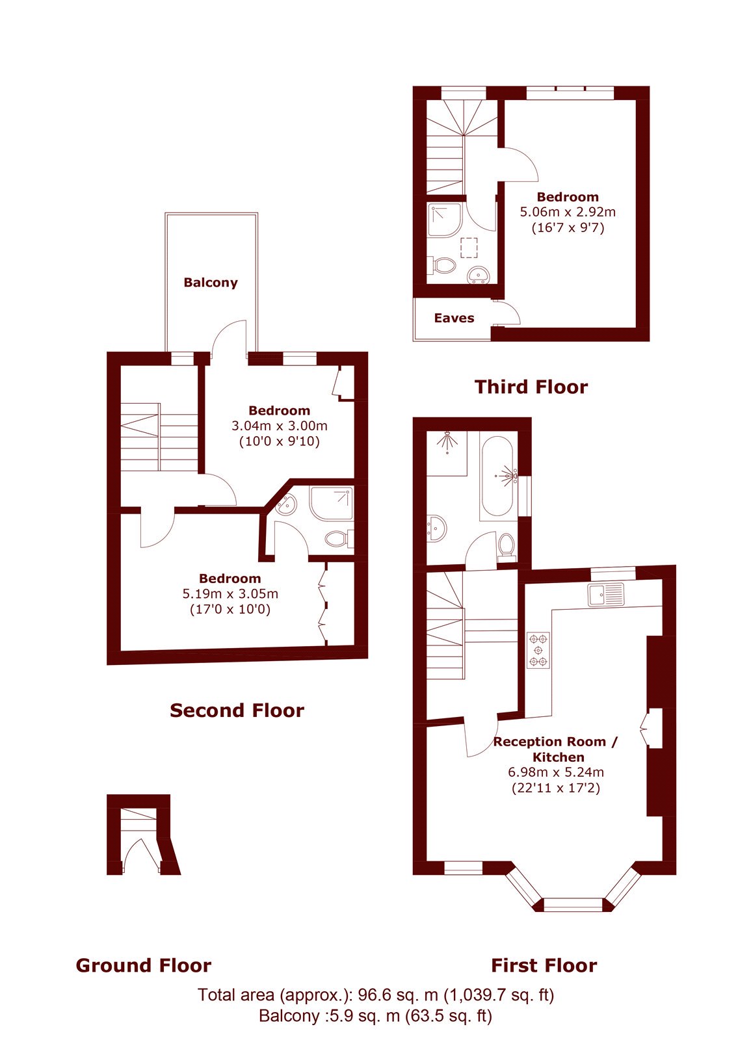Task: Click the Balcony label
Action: coord(211,282)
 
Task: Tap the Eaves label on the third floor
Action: coord(454,318)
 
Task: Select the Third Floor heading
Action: coord(531,387)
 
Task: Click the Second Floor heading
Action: coord(237,710)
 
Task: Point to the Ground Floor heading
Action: coord(144,965)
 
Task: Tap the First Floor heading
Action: coord(544,965)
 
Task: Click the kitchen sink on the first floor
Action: coord(606,595)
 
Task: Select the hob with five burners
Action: coord(538,650)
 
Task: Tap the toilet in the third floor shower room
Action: coord(445,266)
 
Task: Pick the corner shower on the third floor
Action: coord(445,220)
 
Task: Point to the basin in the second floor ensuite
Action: coord(287,504)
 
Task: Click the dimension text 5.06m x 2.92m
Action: coord(568,212)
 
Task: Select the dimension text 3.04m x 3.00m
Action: coord(279,426)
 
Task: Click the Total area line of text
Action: coord(376,994)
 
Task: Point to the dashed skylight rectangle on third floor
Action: coord(469,248)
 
